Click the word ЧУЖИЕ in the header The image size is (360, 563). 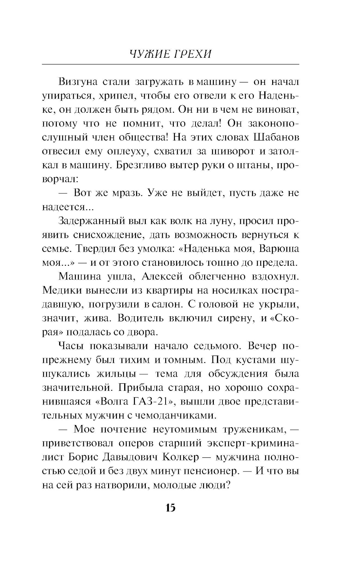[x=148, y=54]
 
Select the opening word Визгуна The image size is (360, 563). [x=78, y=82]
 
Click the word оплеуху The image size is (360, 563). [x=128, y=152]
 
